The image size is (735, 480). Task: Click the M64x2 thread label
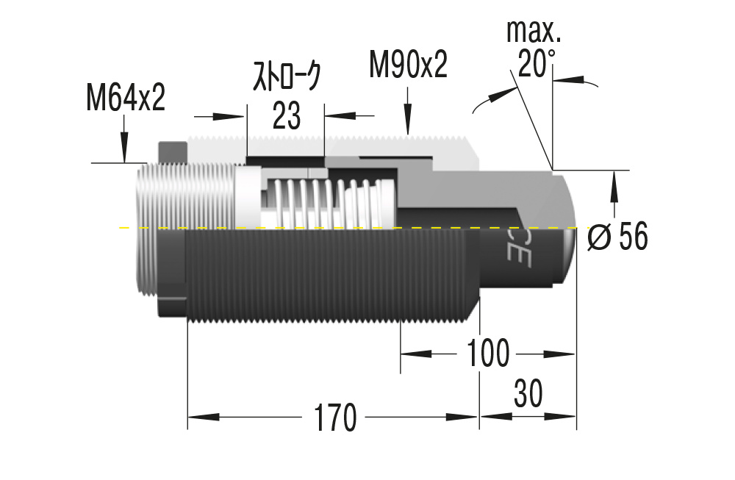coord(126,98)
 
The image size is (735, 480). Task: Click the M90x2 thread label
coord(408,65)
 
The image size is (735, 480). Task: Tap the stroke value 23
coord(286,115)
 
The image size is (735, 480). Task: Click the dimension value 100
coord(487,354)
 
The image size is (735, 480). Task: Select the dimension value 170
coord(335,418)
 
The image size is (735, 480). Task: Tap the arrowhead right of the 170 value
coord(463,418)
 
